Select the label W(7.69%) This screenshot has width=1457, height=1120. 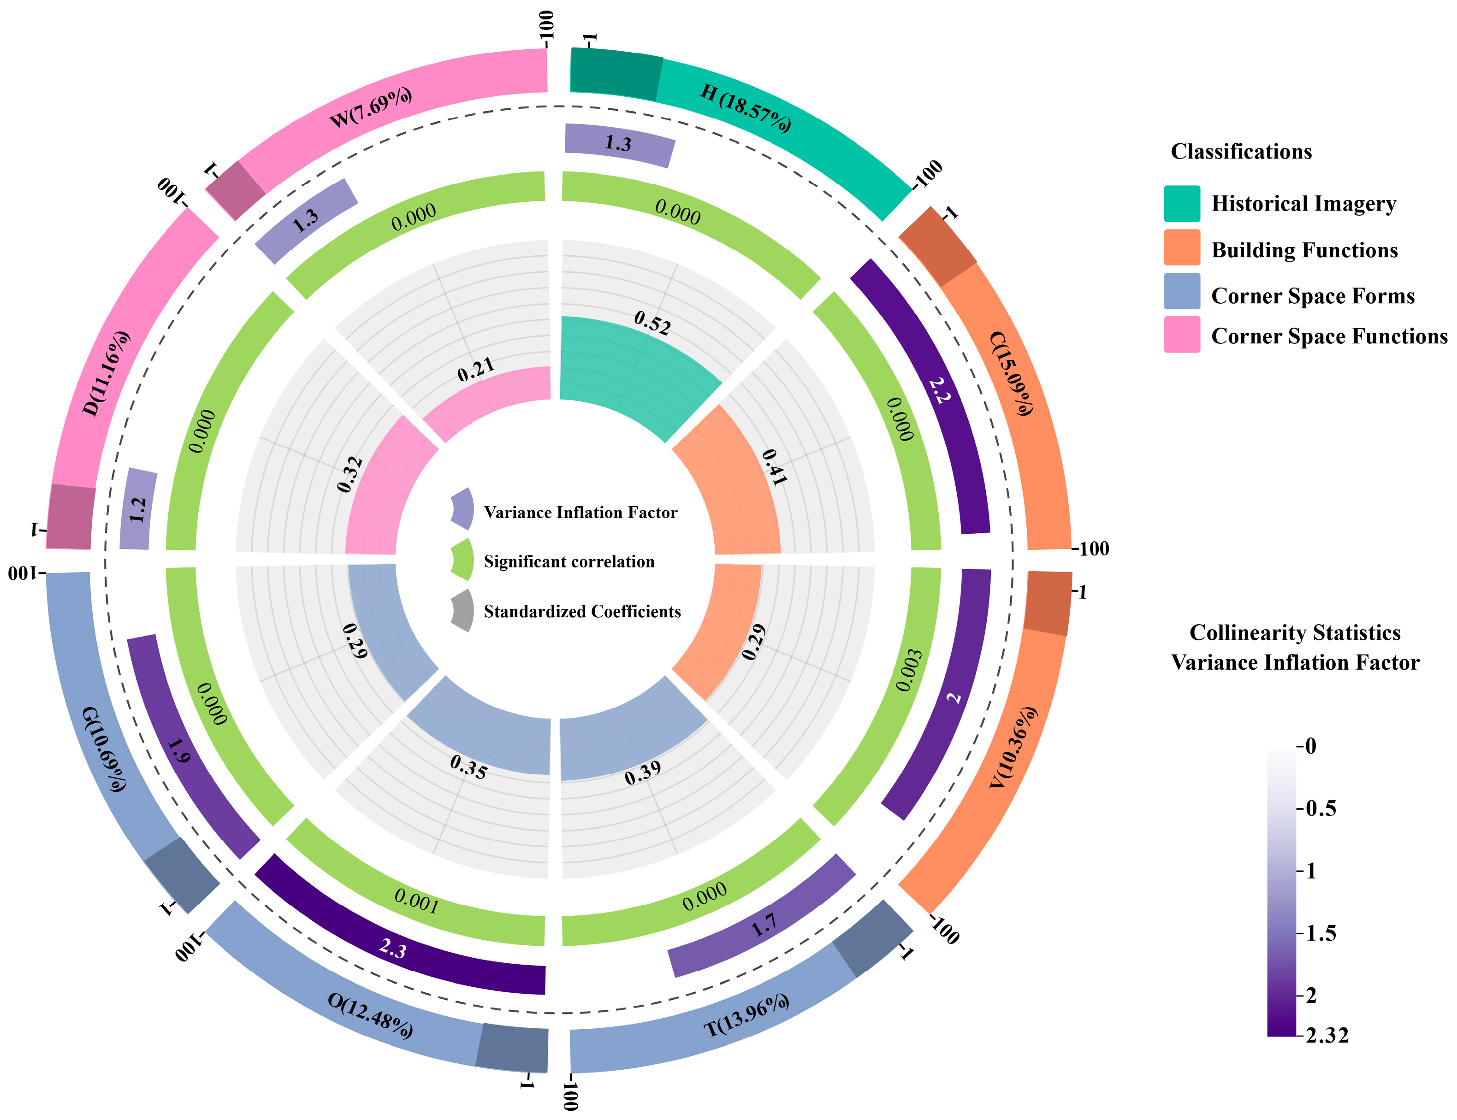371,108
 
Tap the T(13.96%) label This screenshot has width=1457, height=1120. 747,1016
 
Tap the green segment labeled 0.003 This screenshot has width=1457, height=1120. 910,670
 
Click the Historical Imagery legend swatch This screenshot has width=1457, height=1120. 1182,203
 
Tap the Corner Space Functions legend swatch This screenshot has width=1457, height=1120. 1182,335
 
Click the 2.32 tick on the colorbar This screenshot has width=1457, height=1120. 1327,1035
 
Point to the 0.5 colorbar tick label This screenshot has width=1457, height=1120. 1321,809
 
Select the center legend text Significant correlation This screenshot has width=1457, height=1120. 569,562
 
